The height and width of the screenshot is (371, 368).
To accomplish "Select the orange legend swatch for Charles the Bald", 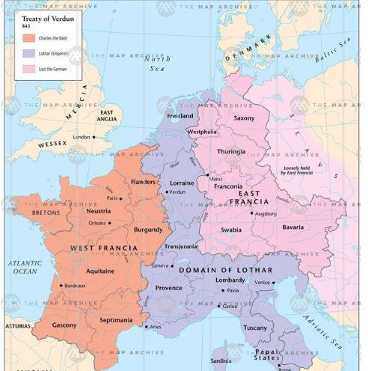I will [29, 38].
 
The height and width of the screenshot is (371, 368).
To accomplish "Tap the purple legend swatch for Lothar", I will [29, 54].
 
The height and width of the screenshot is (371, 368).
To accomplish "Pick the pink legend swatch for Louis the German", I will [29, 70].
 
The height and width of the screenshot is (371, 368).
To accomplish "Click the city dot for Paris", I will [122, 198].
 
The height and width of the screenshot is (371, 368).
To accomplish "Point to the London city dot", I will [93, 137].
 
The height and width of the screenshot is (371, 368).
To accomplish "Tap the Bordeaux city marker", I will [61, 286].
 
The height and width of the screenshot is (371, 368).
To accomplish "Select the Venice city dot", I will [274, 283].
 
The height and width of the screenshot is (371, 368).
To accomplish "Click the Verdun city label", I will [177, 192].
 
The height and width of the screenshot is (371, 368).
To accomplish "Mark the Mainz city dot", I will [207, 175].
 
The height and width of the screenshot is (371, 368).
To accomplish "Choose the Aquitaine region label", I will [100, 271].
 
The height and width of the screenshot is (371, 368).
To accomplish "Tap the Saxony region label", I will [244, 118].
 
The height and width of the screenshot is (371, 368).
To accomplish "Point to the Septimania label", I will [116, 320].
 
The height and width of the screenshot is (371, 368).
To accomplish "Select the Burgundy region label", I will [148, 230].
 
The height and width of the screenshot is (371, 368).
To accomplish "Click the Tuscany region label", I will [255, 328].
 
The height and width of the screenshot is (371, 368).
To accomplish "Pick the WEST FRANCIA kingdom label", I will [103, 248].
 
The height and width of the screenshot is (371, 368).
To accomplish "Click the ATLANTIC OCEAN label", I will [25, 267].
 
